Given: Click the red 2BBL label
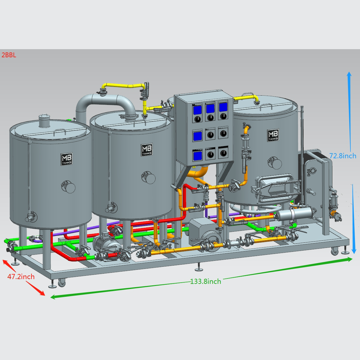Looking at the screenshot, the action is click(9, 55).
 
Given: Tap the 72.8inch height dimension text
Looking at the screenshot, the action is click(343, 156).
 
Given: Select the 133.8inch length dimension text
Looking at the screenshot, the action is click(206, 281).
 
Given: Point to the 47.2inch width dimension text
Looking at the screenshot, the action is click(21, 276).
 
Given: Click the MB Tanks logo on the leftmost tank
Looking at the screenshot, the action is click(67, 159).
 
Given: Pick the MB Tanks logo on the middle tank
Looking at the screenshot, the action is click(147, 150).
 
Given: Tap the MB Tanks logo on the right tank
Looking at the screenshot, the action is click(273, 135).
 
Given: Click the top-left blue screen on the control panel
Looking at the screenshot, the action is click(197, 110).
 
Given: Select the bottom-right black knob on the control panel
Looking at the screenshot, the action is click(223, 153).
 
